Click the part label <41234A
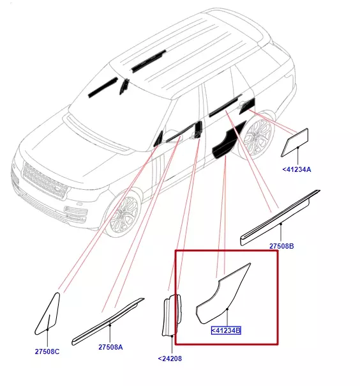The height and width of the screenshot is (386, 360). pyautogui.click(x=297, y=169)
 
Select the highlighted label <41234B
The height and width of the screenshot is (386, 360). pyautogui.click(x=226, y=330)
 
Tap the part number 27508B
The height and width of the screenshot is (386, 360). pyautogui.click(x=281, y=246)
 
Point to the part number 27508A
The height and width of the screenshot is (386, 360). pyautogui.click(x=110, y=347)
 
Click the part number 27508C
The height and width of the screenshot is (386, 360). pyautogui.click(x=47, y=351)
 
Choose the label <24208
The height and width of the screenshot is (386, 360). pyautogui.click(x=170, y=359)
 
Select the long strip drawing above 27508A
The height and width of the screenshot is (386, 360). pyautogui.click(x=107, y=322)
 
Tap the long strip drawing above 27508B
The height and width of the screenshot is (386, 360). pyautogui.click(x=280, y=218)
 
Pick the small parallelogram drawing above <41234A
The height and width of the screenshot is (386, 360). pyautogui.click(x=295, y=143)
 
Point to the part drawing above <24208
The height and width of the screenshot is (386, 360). pyautogui.click(x=172, y=314)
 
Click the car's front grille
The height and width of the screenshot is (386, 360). pyautogui.click(x=45, y=181)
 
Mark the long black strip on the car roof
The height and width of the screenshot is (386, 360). pyautogui.click(x=149, y=61)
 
